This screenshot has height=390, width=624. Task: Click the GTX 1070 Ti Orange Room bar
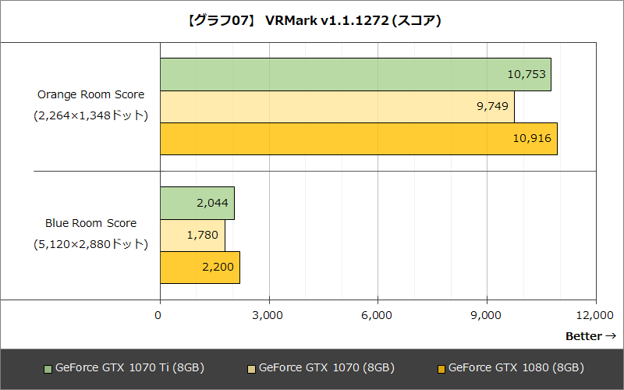pyautogui.click(x=355, y=74)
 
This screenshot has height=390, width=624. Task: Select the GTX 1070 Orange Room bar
pyautogui.click(x=337, y=107)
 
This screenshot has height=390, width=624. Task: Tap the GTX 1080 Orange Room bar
pyautogui.click(x=358, y=139)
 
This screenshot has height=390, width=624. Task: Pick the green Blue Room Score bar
pyautogui.click(x=197, y=203)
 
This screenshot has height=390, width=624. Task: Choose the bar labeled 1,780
pyautogui.click(x=192, y=236)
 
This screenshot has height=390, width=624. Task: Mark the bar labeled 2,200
pyautogui.click(x=200, y=268)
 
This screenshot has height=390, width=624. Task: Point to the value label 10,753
pyautogui.click(x=527, y=75)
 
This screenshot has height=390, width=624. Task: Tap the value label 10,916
pyautogui.click(x=533, y=139)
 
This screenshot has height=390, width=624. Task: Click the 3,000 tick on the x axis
pyautogui.click(x=268, y=315)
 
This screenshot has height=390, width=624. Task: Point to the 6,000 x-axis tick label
pyautogui.click(x=378, y=315)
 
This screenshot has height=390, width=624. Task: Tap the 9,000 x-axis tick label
pyautogui.click(x=487, y=315)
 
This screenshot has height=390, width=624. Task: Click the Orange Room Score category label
pyautogui.click(x=90, y=94)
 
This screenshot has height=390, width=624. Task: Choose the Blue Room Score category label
pyautogui.click(x=90, y=223)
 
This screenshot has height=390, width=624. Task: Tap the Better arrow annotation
pyautogui.click(x=590, y=336)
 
